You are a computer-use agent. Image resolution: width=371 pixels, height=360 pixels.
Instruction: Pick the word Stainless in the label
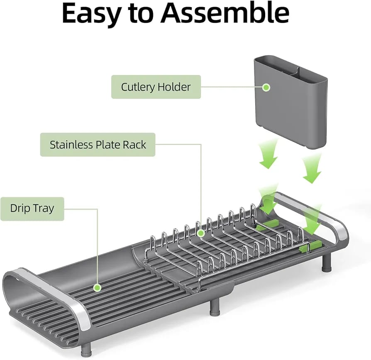tap(70, 145)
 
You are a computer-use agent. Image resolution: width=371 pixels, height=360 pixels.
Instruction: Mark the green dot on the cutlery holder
tap(266, 87)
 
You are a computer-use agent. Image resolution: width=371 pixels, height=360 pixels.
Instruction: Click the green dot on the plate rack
tap(201, 234)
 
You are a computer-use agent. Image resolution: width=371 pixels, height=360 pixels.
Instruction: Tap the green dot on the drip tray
tap(98, 287)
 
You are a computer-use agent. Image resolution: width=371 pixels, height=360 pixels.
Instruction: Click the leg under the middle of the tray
tap(215, 307)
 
